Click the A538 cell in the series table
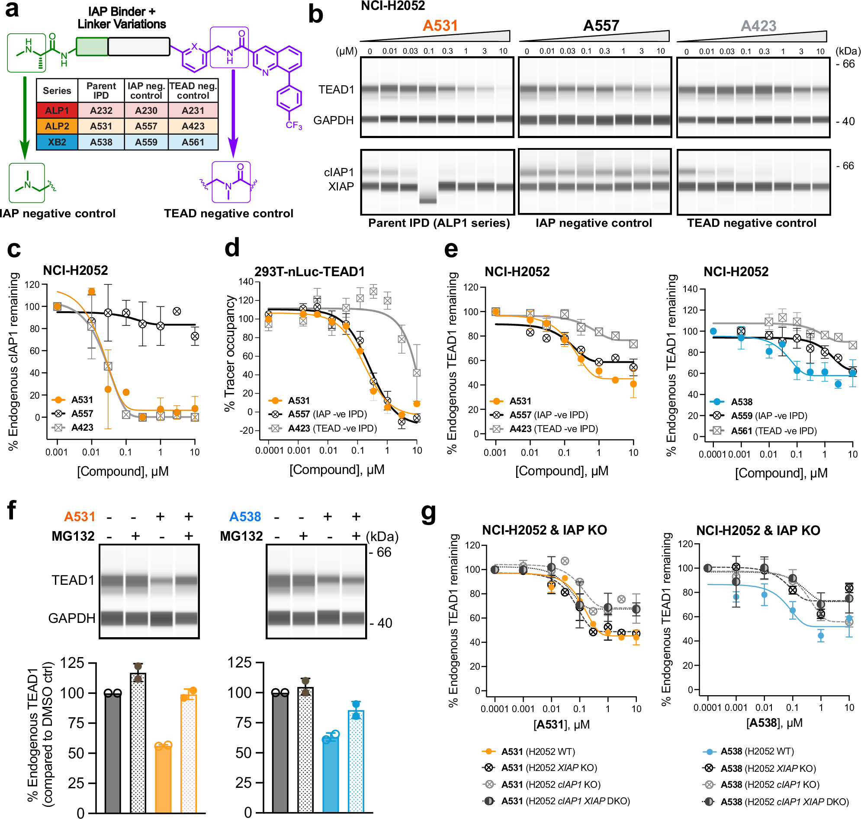click(x=101, y=142)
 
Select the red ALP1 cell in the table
click(x=57, y=110)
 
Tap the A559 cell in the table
click(x=146, y=142)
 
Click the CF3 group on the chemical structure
click(x=294, y=125)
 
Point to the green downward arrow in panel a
click(x=24, y=118)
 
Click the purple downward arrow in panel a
click(x=233, y=113)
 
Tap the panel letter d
click(x=232, y=248)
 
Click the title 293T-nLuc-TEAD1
click(x=309, y=271)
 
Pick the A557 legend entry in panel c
click(x=82, y=413)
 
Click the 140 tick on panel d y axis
click(x=246, y=282)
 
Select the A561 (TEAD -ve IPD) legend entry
click(x=772, y=431)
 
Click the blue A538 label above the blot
click(x=245, y=517)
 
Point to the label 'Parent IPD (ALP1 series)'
click(x=439, y=223)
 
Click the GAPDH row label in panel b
click(x=334, y=120)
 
